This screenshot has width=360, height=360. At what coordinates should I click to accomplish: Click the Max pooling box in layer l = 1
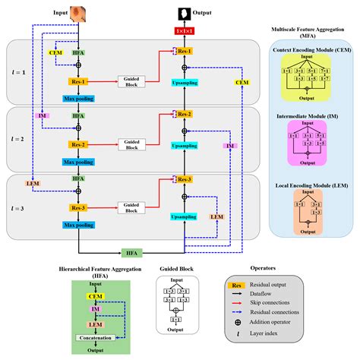click(x=79, y=99)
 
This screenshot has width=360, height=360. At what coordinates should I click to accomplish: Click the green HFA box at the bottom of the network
click(x=131, y=251)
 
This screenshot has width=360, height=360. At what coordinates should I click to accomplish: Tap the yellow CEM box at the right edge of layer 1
click(x=242, y=82)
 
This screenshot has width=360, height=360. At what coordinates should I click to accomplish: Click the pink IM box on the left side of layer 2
click(x=43, y=115)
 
